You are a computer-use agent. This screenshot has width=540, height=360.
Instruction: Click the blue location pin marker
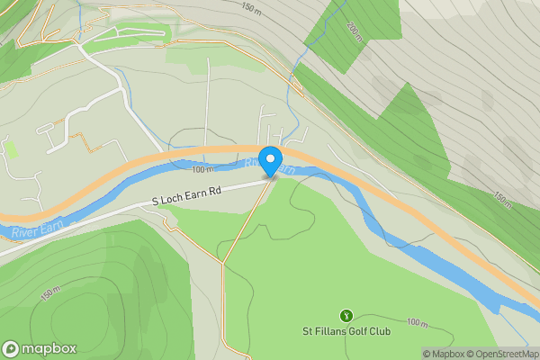tap(270, 161)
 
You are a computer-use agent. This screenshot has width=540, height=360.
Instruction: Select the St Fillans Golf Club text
tap(346, 331)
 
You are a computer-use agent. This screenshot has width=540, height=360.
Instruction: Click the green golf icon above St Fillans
tap(346, 315)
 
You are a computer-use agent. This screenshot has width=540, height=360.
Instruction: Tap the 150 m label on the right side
tap(503, 199)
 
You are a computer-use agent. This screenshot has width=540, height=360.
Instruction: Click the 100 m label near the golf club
tap(417, 321)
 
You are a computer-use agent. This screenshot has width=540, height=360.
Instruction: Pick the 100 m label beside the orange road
tap(203, 168)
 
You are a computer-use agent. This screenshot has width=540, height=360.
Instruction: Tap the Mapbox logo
tap(39, 348)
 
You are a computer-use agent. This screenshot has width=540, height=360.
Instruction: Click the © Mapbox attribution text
tap(444, 354)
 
